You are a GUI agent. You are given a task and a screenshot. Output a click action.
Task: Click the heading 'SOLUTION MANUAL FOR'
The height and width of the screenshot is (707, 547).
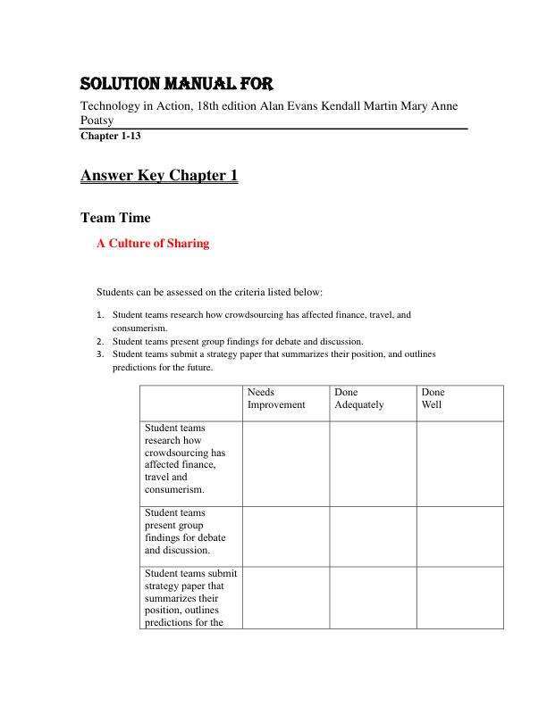pyautogui.click(x=176, y=85)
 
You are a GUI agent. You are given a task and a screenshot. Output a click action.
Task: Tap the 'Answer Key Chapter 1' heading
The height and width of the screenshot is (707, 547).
pyautogui.click(x=159, y=176)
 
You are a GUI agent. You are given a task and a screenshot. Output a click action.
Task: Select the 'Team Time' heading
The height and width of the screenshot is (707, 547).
pyautogui.click(x=115, y=218)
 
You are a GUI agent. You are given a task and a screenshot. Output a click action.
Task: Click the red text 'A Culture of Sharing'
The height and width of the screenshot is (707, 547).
pyautogui.click(x=153, y=244)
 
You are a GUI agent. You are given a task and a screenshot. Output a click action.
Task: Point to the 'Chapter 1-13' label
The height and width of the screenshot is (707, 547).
pyautogui.click(x=111, y=137)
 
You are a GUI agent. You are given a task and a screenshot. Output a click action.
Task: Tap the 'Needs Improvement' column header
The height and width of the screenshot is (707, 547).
pyautogui.click(x=275, y=398)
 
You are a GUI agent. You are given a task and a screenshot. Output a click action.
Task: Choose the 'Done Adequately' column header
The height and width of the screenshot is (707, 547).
pyautogui.click(x=358, y=398)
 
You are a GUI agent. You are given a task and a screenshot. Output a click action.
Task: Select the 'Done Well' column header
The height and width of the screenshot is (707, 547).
pyautogui.click(x=433, y=398)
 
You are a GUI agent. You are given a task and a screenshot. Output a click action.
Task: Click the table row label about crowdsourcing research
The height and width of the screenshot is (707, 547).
pyautogui.click(x=185, y=459)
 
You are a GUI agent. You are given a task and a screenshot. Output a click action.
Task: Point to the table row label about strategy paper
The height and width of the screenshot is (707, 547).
pyautogui.click(x=190, y=597)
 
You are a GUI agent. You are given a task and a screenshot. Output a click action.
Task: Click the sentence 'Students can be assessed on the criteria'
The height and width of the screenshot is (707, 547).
pyautogui.click(x=209, y=292)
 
